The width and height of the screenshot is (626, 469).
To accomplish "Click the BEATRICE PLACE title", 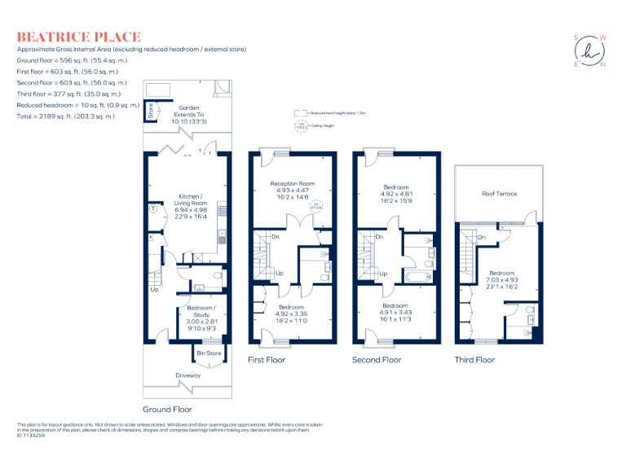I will [79, 37].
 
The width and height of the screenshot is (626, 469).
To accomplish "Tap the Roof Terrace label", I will [499, 194].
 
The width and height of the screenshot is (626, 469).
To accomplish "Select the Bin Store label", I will [209, 353].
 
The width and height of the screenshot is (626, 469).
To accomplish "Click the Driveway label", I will [188, 375].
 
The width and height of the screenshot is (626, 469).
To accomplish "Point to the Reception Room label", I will [292, 184].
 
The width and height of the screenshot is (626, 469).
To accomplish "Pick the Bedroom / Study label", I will [201, 312].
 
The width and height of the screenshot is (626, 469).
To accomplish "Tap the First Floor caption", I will [267, 359].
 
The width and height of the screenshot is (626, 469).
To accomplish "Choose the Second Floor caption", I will [377, 359].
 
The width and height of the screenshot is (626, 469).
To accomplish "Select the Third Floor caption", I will [474, 359].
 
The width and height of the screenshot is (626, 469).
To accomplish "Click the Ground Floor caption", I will [167, 409].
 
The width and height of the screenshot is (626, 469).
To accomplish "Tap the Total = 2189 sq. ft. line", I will [66, 116].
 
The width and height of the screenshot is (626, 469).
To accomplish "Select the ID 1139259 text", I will [32, 436].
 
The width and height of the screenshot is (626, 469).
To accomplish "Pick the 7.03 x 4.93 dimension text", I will [502, 279].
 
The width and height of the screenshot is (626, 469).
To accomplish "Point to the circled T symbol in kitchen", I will [153, 208].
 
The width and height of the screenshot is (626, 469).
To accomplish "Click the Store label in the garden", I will [151, 111].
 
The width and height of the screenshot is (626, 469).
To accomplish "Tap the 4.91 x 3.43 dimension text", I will [395, 312].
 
